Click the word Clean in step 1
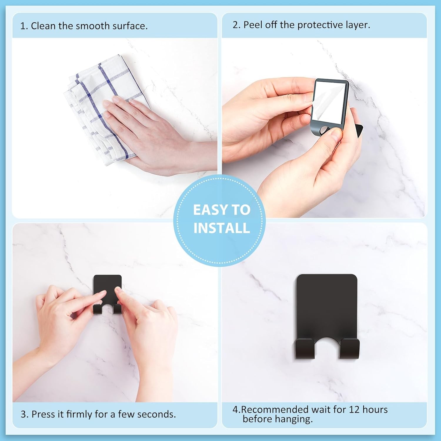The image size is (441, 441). point(44,26)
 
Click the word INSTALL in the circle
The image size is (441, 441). point(222,228)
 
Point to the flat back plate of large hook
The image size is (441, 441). point(327,303)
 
